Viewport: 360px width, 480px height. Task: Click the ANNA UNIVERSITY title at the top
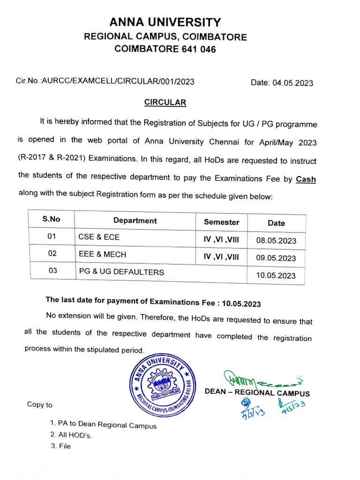(165, 22)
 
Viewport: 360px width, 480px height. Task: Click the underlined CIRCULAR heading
(165, 102)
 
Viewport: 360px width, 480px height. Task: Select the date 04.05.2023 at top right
(282, 83)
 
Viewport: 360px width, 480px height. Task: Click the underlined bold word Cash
(306, 179)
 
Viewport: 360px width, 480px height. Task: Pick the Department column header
(135, 220)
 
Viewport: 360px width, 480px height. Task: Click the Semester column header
(221, 222)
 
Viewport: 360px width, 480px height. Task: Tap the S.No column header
(52, 218)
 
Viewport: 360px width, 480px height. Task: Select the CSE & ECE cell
(99, 237)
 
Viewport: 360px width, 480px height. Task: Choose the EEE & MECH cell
(102, 255)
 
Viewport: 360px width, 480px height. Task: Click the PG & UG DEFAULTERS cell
(121, 271)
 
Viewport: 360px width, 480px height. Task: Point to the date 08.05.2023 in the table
(276, 241)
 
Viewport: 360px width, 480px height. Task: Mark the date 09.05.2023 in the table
(276, 258)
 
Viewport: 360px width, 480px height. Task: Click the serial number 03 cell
(52, 270)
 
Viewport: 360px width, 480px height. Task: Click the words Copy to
(40, 405)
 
